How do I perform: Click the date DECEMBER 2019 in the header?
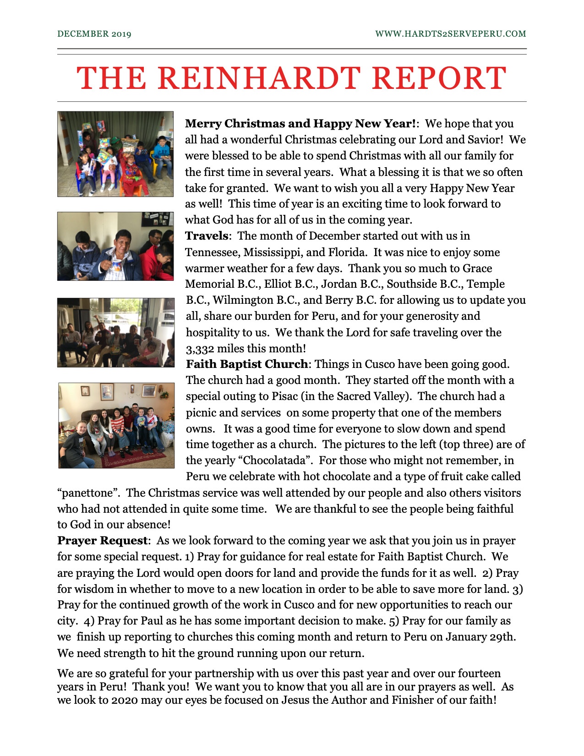coord(94,34)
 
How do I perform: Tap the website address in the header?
coord(450,34)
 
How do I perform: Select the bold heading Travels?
coord(207,236)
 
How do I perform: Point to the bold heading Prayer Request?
coord(102,541)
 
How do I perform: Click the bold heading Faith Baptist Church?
coord(247,364)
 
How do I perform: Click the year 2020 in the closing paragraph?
coord(124,700)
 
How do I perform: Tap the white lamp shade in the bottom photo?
coord(64,415)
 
